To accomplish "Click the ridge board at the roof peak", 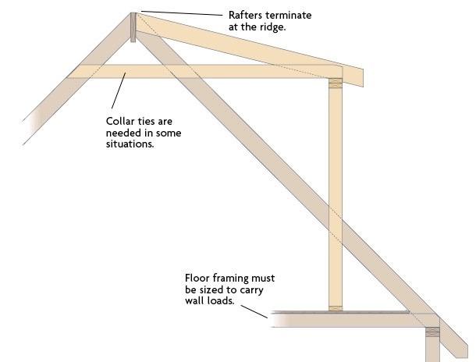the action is (x=133, y=27).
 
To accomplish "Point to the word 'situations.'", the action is (x=130, y=144).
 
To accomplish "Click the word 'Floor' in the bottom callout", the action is (x=197, y=278).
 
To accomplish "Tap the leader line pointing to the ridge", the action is (x=182, y=13).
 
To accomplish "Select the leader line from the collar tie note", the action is (x=119, y=90).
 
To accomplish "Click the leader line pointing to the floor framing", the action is (x=254, y=311).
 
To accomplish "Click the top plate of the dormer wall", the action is (x=336, y=83).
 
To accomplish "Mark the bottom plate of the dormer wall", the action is (x=336, y=309).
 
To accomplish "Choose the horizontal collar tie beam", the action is (x=204, y=71).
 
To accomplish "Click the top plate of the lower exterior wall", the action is (x=432, y=332).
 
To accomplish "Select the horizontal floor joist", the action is (x=349, y=320).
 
